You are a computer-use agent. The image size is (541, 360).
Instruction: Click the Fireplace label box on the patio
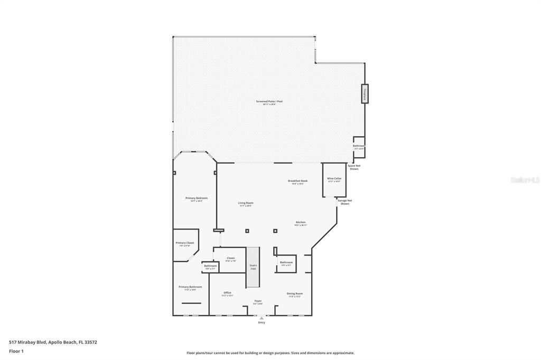click(365, 93)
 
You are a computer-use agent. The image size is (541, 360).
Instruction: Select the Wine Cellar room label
click(334, 179)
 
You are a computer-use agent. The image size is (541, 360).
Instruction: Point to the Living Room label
click(245, 203)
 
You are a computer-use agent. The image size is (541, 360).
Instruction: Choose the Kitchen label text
click(300, 223)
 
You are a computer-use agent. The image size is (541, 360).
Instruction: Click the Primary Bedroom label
click(196, 198)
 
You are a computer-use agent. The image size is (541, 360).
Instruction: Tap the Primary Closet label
click(185, 243)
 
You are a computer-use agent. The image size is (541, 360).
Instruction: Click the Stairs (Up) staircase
click(253, 267)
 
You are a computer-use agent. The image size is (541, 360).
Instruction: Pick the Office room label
click(227, 293)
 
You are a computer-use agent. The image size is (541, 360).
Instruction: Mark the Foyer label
click(258, 301)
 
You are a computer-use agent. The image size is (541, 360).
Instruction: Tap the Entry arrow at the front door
click(262, 318)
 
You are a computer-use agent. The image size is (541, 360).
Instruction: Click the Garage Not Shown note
click(345, 202)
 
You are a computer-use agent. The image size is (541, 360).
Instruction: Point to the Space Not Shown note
click(353, 167)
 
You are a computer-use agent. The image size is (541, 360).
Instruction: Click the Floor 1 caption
click(16, 350)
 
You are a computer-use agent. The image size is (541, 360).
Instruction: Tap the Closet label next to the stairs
click(231, 259)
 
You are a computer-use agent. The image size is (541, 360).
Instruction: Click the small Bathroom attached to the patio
click(359, 147)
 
